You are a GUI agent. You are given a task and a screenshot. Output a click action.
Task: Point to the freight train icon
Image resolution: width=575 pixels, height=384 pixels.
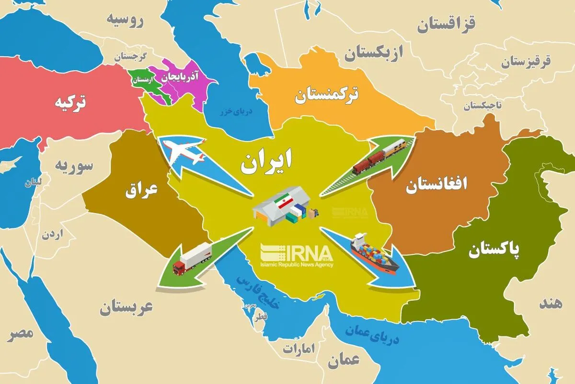click(379, 156)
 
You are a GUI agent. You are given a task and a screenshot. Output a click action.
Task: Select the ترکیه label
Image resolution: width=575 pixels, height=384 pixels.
click(70, 103)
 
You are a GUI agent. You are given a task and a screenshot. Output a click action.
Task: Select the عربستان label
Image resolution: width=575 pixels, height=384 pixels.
click(126, 307)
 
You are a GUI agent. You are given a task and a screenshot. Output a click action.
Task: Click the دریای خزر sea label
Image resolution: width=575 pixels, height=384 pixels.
click(235, 111)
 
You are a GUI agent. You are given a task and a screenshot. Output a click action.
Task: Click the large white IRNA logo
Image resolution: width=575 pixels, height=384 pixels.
click(297, 253)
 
